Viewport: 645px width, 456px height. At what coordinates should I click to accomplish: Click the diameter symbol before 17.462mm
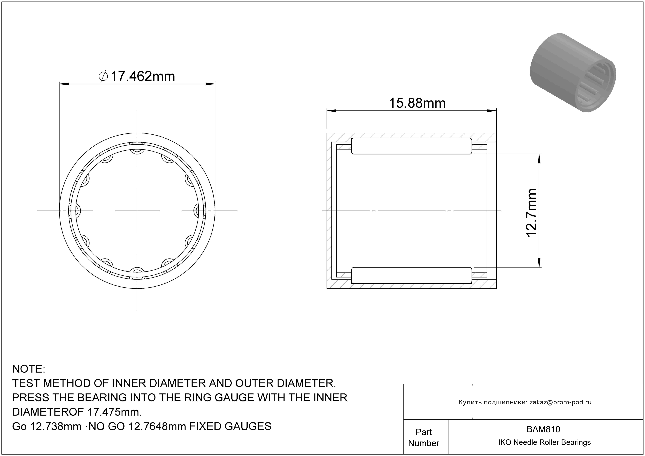pyautogui.click(x=103, y=76)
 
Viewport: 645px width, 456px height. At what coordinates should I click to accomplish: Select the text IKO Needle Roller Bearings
pyautogui.click(x=544, y=442)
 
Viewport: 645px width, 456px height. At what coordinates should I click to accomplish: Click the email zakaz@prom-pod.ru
pyautogui.click(x=560, y=402)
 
